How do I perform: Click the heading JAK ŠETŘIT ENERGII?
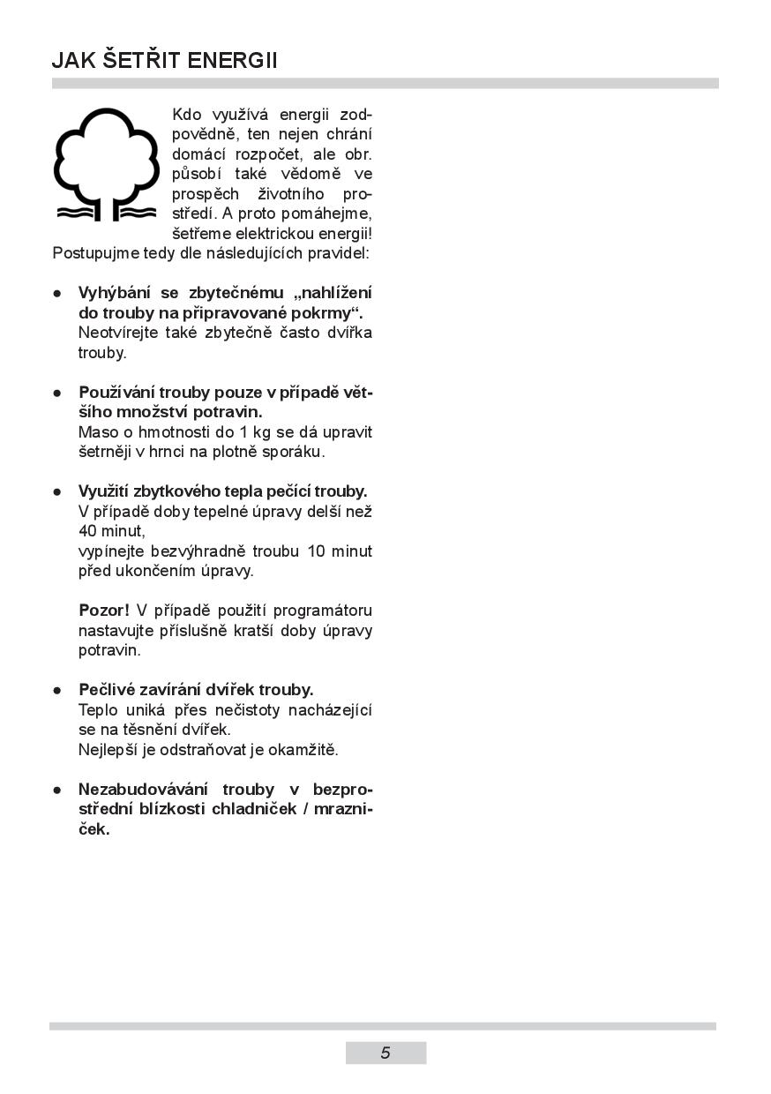tap(165, 60)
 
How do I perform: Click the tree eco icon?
tap(106, 165)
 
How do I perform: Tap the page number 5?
tap(385, 1053)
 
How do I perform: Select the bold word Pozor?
tap(104, 611)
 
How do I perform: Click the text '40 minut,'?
tap(111, 531)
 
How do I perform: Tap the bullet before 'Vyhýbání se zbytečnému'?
tap(57, 293)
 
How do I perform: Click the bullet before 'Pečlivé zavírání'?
tap(57, 690)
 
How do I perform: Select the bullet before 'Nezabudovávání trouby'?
tap(57, 790)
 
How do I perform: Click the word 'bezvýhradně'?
tap(201, 551)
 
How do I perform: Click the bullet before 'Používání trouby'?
tap(57, 392)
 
